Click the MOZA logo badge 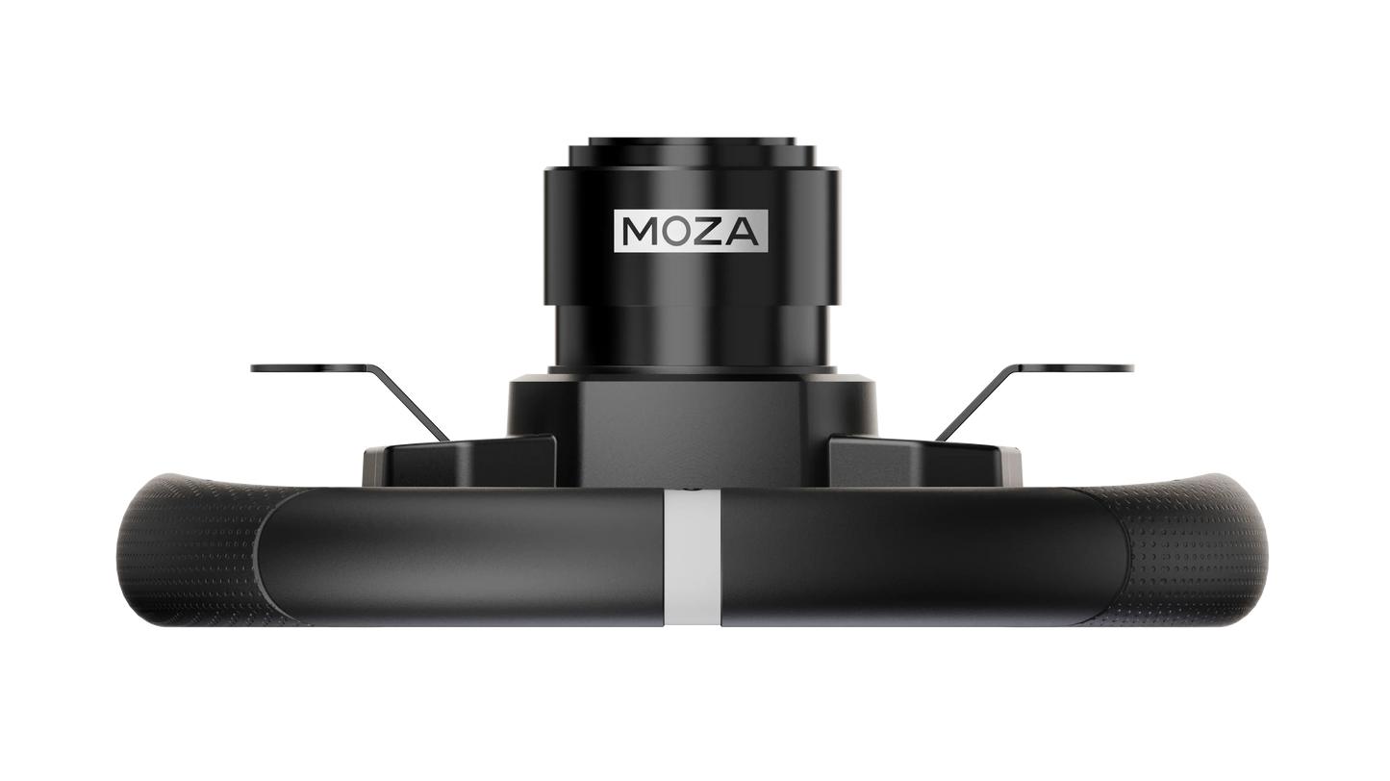coord(691,231)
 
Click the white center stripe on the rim coord(693,557)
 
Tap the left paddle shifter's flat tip coord(311,367)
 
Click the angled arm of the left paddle coord(410,403)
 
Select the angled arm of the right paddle coord(975,403)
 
